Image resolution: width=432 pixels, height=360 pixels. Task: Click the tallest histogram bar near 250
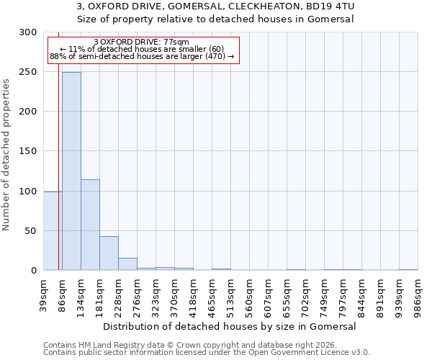point(71,171)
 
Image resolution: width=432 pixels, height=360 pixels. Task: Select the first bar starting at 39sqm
point(53,231)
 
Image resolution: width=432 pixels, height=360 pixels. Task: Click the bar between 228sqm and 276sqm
point(127,264)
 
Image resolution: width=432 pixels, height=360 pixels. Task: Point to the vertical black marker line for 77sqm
point(58,144)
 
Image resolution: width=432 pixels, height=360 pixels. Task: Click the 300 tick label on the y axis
point(28,32)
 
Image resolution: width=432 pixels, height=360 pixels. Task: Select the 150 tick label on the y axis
point(28,151)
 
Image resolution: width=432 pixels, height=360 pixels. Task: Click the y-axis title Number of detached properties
point(6,151)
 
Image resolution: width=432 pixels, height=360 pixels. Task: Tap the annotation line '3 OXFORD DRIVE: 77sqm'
point(142,42)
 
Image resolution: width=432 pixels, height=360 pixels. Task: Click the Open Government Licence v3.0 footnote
point(302,353)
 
